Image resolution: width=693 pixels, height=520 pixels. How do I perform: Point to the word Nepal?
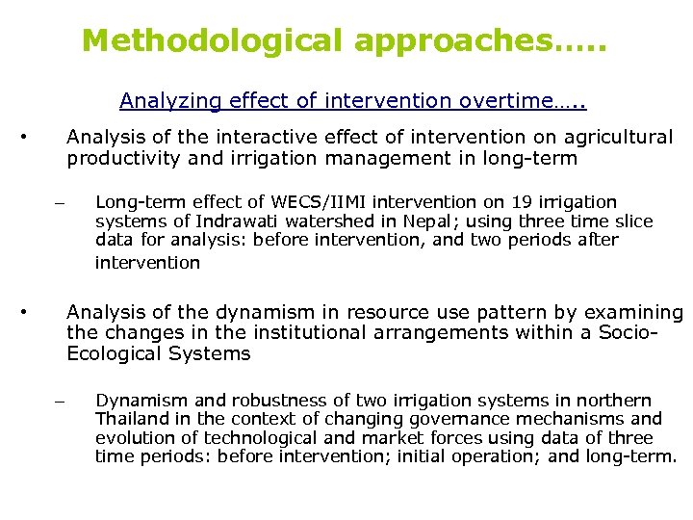tap(385, 221)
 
